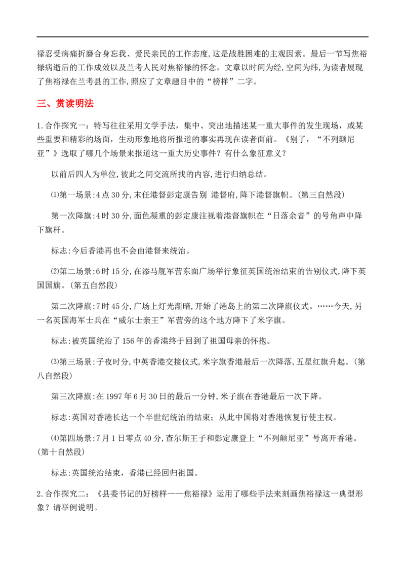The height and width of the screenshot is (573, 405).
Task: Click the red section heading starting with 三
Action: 66,104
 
